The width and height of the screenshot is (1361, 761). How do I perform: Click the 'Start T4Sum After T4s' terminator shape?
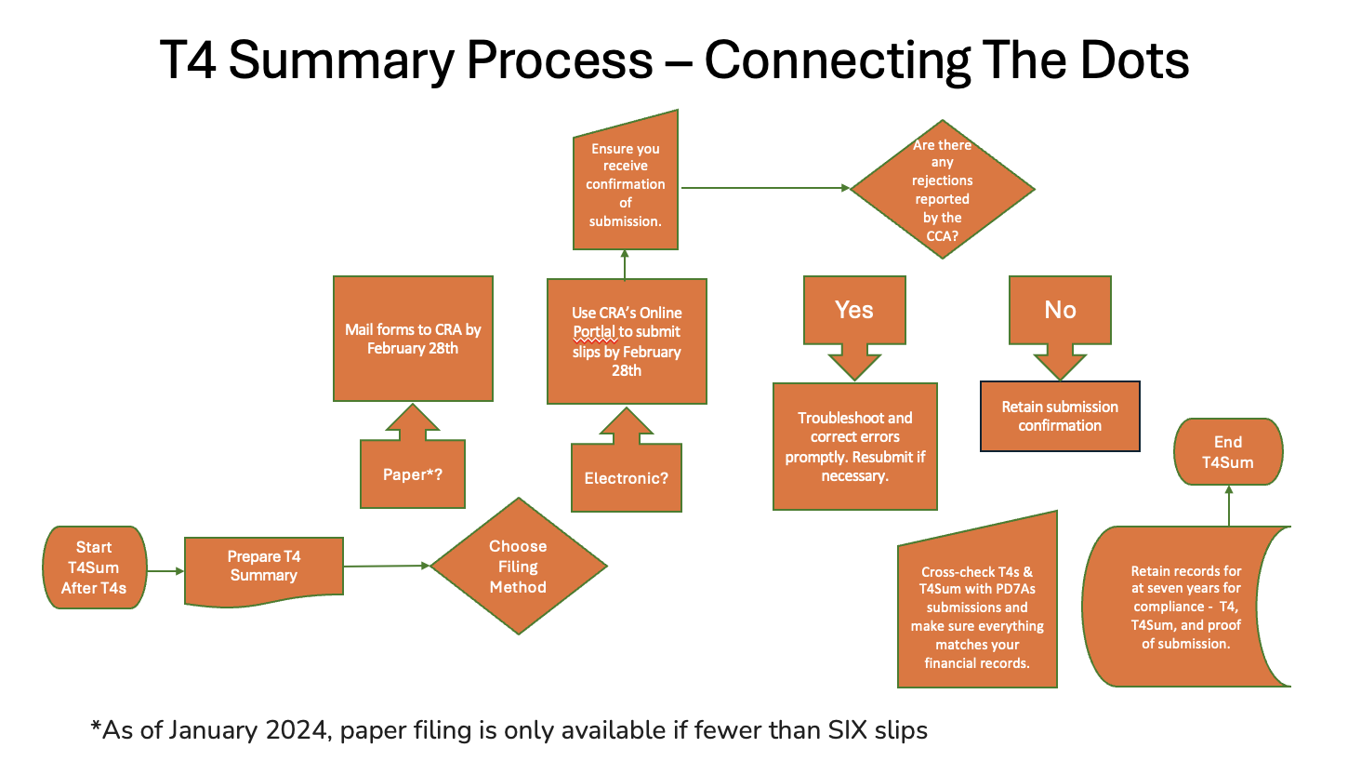point(94,567)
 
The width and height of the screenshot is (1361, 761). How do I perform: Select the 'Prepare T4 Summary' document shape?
point(264,567)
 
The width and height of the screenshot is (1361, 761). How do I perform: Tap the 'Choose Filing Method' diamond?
point(518,567)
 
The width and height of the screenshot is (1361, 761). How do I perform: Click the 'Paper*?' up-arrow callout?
point(413,473)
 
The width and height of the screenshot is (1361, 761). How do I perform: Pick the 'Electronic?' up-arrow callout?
point(626,477)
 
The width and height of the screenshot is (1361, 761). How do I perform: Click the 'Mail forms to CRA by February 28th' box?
point(413,339)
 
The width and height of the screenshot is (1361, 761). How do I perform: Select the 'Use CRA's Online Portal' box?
point(627,341)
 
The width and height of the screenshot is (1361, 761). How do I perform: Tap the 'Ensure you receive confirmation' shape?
point(626,185)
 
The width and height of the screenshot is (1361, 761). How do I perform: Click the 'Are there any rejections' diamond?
point(942,190)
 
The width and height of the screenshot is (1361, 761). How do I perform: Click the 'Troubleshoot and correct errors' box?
point(854,447)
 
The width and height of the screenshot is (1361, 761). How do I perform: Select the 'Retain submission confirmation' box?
point(1060,416)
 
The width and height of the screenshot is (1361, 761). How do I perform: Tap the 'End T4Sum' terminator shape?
point(1228,452)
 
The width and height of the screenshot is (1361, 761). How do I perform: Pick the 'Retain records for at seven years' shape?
point(1185,607)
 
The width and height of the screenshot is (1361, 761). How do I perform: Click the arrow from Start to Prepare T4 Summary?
point(165,571)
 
